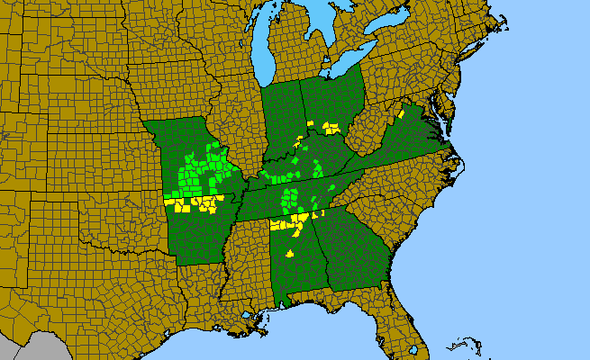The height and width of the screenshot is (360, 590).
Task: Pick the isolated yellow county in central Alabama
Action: [290, 254]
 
